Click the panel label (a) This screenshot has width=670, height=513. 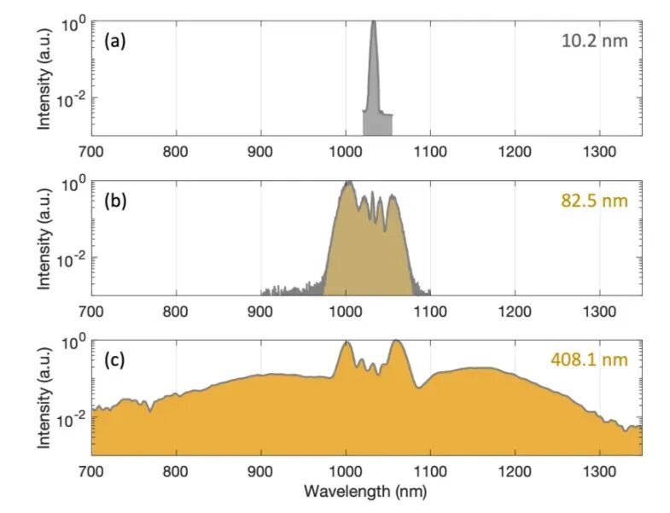pyautogui.click(x=114, y=41)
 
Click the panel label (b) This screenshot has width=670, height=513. pyautogui.click(x=114, y=202)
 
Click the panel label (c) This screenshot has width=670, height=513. pyautogui.click(x=114, y=359)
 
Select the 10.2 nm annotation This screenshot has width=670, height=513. pyautogui.click(x=596, y=40)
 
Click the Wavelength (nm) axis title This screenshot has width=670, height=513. pyautogui.click(x=366, y=492)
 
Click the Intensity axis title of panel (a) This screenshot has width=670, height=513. pyautogui.click(x=44, y=79)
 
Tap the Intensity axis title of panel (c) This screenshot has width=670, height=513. pyautogui.click(x=44, y=398)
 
